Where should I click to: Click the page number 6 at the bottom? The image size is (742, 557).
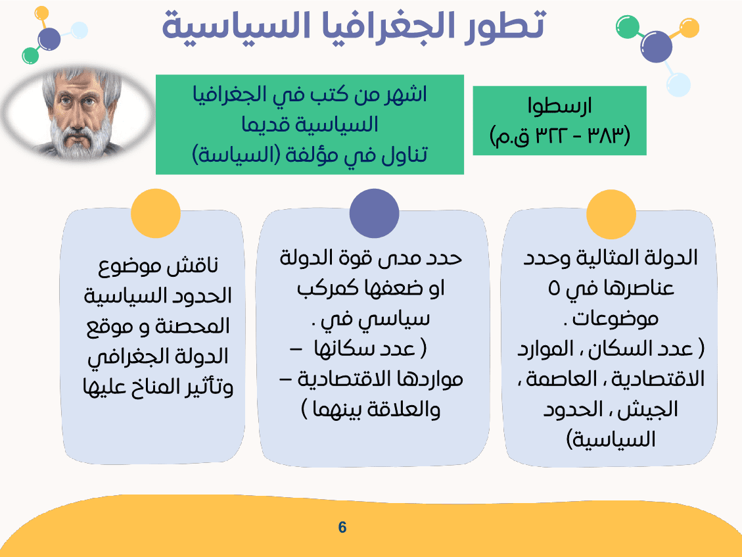pyautogui.click(x=342, y=527)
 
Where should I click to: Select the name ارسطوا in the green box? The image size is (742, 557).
pyautogui.click(x=560, y=106)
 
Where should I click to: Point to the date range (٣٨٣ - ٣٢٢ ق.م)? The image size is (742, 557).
pyautogui.click(x=559, y=136)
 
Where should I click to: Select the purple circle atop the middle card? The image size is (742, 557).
pyautogui.click(x=374, y=213)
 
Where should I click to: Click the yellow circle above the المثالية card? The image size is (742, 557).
pyautogui.click(x=611, y=215)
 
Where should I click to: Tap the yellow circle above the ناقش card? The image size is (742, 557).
pyautogui.click(x=156, y=213)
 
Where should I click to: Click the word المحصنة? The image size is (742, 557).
pyautogui.click(x=198, y=326)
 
